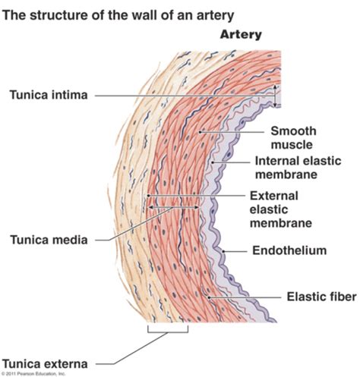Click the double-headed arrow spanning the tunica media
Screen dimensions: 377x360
pos(173,205)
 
